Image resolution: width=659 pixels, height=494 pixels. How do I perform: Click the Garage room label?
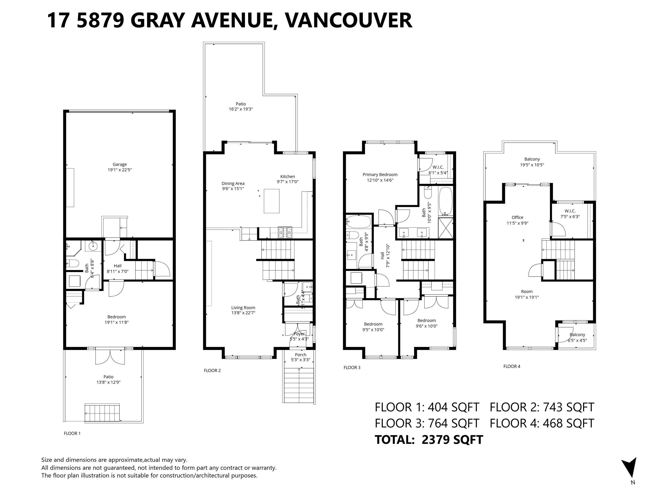pos(119,164)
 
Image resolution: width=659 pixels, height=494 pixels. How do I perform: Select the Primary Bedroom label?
pos(380,175)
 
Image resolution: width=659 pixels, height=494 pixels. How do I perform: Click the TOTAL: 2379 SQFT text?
pos(429,440)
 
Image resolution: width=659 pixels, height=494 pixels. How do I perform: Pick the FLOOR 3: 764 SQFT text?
pos(427,423)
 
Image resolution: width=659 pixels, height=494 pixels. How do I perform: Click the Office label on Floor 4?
pos(517,217)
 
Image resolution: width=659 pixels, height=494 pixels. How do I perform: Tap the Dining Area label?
pos(233,183)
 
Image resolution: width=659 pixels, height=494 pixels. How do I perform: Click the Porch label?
pos(301,355)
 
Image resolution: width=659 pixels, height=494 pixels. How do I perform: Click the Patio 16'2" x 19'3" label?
pos(241,107)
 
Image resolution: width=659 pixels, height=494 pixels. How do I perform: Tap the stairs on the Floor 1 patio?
pos(102,413)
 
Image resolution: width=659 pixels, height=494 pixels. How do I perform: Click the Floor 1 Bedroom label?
pos(116,317)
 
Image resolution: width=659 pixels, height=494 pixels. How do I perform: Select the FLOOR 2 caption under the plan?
pos(212,370)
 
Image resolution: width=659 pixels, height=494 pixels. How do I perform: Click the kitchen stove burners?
pos(285,232)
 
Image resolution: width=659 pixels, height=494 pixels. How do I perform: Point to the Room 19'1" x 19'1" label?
pos(527,294)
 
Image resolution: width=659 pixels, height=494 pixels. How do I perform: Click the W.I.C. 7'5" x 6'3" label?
pos(570,214)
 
